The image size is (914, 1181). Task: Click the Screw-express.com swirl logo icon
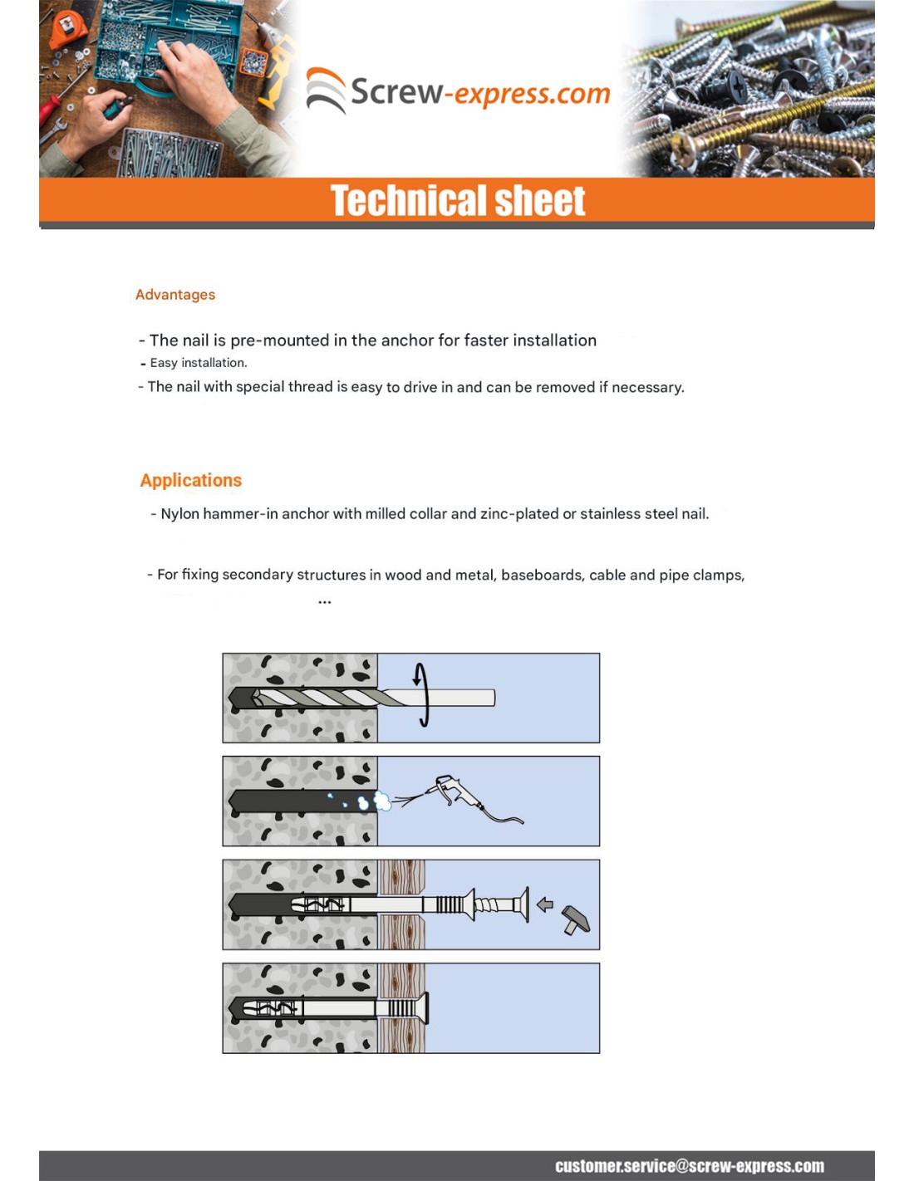326,90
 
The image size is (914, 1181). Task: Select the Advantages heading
175,295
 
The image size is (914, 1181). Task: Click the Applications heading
191,480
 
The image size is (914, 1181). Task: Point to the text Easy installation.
199,363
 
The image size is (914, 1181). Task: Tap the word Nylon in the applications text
180,514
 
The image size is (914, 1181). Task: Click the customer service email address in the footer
690,1166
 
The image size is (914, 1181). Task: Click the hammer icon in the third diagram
576,919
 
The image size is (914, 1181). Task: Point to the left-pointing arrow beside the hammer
545,904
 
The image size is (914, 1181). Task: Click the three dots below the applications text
324,602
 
